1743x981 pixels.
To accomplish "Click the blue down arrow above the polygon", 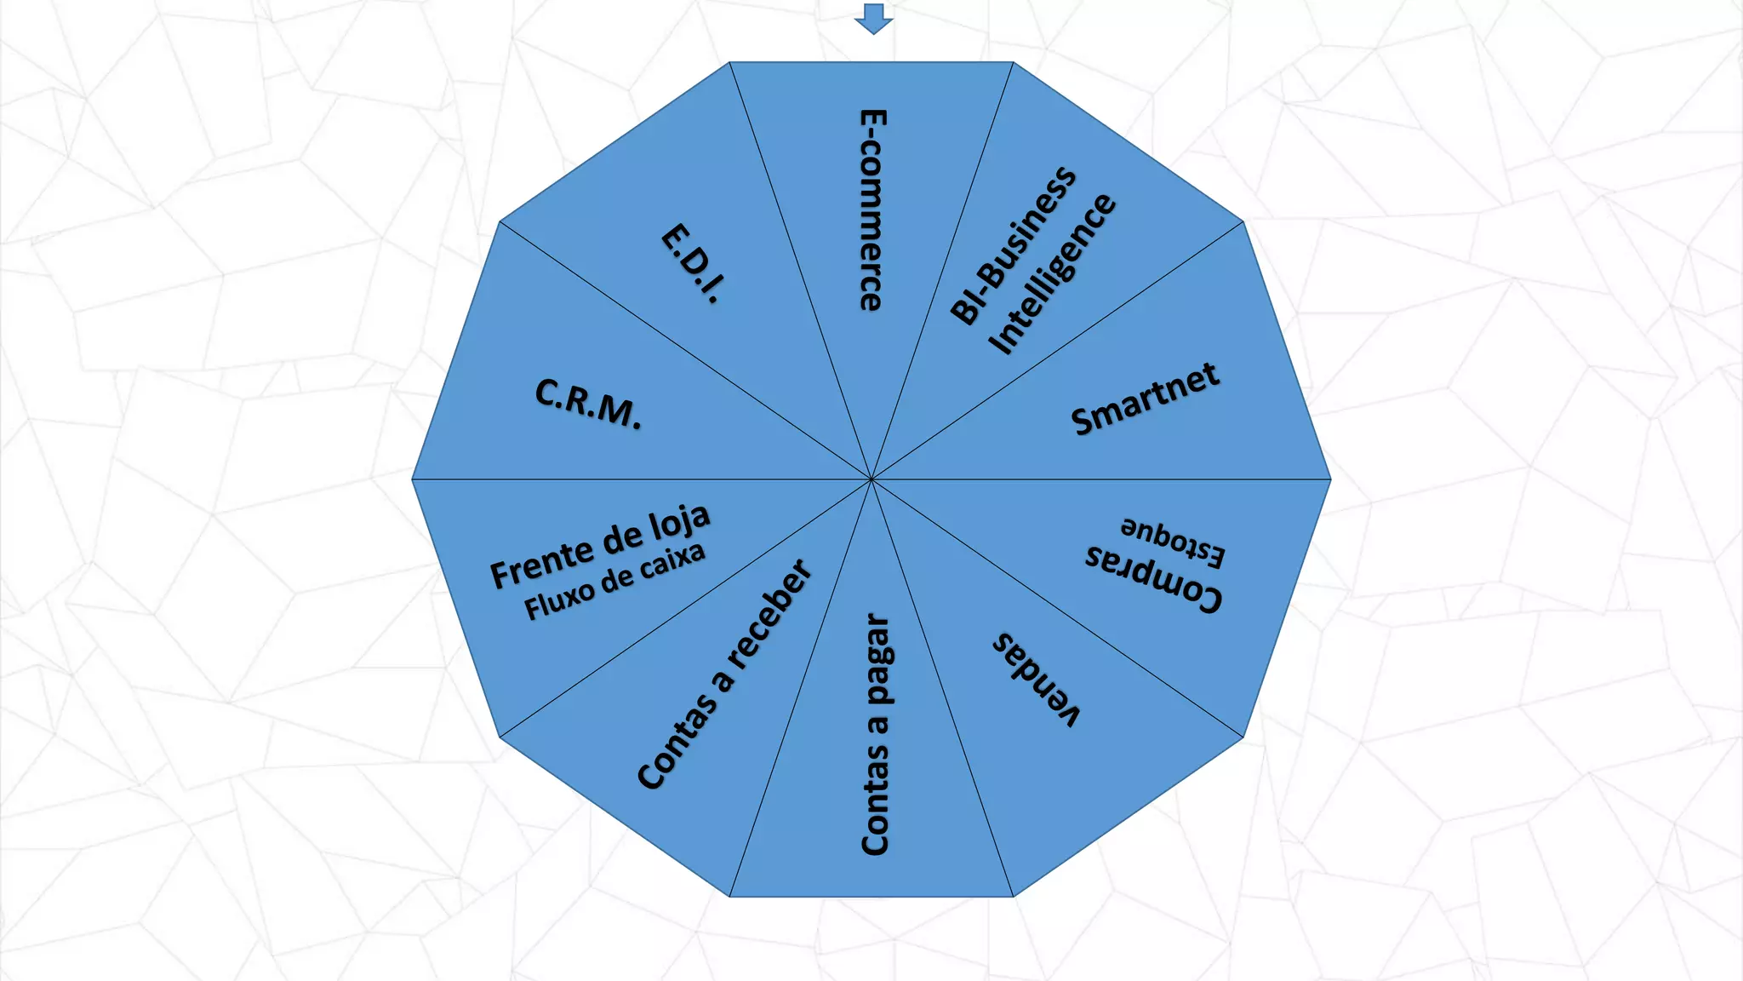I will (x=873, y=18).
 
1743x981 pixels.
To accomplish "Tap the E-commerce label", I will (x=871, y=209).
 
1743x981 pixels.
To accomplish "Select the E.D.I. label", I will (x=693, y=263).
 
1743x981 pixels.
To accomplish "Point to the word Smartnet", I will (x=1145, y=399).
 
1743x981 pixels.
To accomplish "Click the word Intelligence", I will (x=1052, y=273).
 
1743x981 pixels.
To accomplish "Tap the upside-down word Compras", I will (x=1154, y=578).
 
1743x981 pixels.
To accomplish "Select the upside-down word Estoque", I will (x=1173, y=540).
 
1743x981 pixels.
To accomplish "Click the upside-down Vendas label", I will (x=1036, y=680).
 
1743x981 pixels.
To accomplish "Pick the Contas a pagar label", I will (x=876, y=734).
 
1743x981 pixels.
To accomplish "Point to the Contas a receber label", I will (x=724, y=674).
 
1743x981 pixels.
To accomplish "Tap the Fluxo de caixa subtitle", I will (x=614, y=581).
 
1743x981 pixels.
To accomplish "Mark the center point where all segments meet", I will (x=871, y=479).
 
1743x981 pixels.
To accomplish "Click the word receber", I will (x=769, y=615).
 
